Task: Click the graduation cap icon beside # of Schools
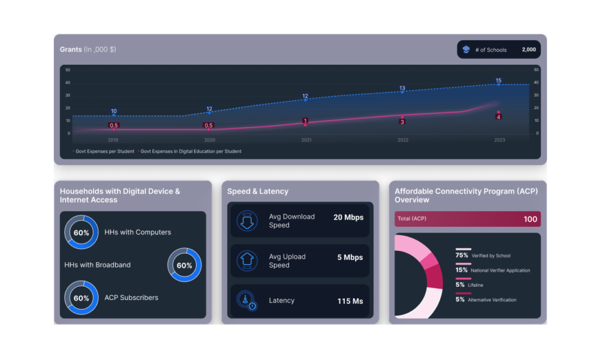pyautogui.click(x=466, y=50)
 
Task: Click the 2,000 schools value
pyautogui.click(x=528, y=50)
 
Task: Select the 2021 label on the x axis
pyautogui.click(x=306, y=140)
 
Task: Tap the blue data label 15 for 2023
pyautogui.click(x=498, y=80)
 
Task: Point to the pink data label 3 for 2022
pyautogui.click(x=402, y=122)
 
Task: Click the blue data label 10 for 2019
pyautogui.click(x=114, y=111)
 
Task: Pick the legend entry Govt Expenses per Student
pyautogui.click(x=104, y=151)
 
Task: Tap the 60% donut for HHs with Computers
pyautogui.click(x=82, y=232)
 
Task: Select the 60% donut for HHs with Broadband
pyautogui.click(x=184, y=265)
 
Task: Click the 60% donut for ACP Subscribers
pyautogui.click(x=82, y=298)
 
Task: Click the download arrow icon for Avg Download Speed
pyautogui.click(x=246, y=221)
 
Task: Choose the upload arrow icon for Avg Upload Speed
pyautogui.click(x=246, y=261)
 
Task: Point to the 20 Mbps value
pyautogui.click(x=348, y=217)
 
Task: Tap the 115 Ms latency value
pyautogui.click(x=350, y=301)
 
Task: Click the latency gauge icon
pyautogui.click(x=246, y=301)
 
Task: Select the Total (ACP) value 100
pyautogui.click(x=530, y=219)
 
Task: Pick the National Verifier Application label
pyautogui.click(x=501, y=271)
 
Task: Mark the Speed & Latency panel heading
pyautogui.click(x=258, y=191)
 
